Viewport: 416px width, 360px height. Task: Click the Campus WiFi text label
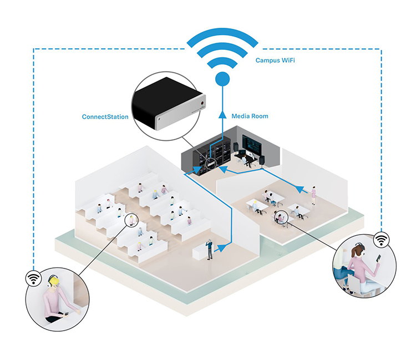pyautogui.click(x=275, y=60)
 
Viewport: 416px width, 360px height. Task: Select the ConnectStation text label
pyautogui.click(x=105, y=116)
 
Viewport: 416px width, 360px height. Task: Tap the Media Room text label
pyautogui.click(x=250, y=116)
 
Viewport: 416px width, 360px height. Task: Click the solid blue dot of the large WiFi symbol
pyautogui.click(x=222, y=79)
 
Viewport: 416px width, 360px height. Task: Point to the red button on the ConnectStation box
pyautogui.click(x=202, y=103)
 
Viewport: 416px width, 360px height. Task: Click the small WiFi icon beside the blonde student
pyautogui.click(x=33, y=278)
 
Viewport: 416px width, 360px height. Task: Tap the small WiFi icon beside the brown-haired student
pyautogui.click(x=381, y=240)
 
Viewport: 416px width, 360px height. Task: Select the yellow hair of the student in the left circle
pyautogui.click(x=54, y=281)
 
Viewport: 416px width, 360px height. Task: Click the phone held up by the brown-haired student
pyautogui.click(x=378, y=258)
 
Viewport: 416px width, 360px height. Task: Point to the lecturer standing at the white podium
pyautogui.click(x=210, y=249)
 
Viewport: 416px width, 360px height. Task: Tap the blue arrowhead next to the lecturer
pyautogui.click(x=222, y=249)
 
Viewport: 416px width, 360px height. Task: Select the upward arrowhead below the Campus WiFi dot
pyautogui.click(x=222, y=115)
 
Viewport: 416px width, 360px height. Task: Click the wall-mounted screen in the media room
pyautogui.click(x=251, y=144)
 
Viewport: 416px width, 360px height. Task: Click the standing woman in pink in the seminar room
pyautogui.click(x=313, y=195)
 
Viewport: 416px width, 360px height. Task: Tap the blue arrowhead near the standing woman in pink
pyautogui.click(x=300, y=189)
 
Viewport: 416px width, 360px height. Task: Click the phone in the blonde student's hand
pyautogui.click(x=66, y=314)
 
